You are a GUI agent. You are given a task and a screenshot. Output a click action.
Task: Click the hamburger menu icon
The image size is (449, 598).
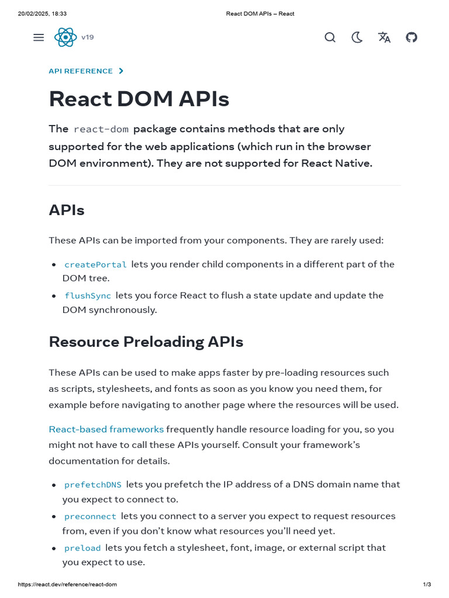(39, 37)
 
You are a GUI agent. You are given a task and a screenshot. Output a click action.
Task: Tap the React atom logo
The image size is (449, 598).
(65, 37)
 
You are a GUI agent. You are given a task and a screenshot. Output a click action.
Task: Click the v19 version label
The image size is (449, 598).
(87, 37)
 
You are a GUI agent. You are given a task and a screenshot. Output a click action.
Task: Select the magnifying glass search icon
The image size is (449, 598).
(330, 37)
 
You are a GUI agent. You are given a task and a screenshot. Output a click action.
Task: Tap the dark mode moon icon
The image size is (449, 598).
(357, 37)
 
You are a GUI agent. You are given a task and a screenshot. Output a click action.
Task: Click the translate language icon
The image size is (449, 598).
(384, 37)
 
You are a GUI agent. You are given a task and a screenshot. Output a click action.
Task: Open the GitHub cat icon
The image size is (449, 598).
(412, 37)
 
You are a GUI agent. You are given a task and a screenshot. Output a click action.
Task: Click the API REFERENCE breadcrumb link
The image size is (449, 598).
(81, 71)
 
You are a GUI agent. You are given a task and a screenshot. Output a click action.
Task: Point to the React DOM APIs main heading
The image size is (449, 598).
(139, 99)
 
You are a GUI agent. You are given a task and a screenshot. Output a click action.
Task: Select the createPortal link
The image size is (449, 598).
(95, 265)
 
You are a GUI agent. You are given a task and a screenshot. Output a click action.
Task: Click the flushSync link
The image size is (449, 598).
(88, 295)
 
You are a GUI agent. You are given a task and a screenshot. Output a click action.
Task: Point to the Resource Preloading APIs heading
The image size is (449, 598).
(146, 342)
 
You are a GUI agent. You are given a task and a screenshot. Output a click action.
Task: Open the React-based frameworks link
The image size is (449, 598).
(106, 429)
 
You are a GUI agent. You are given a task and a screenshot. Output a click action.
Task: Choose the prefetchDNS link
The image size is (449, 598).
(93, 485)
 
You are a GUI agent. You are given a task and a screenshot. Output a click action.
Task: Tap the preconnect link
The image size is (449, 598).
(90, 516)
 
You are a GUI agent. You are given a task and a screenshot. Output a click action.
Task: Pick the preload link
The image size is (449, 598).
(82, 548)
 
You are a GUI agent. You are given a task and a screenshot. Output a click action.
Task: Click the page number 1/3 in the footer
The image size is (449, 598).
(427, 585)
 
